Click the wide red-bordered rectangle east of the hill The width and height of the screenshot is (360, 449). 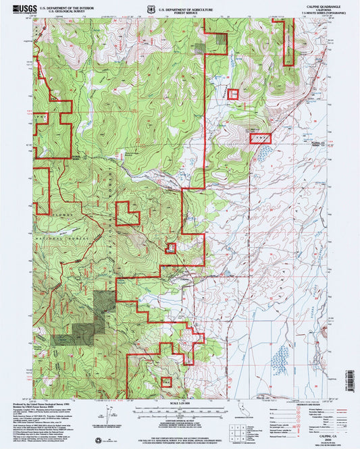point(261,137)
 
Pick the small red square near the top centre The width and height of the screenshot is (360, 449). point(233,95)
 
